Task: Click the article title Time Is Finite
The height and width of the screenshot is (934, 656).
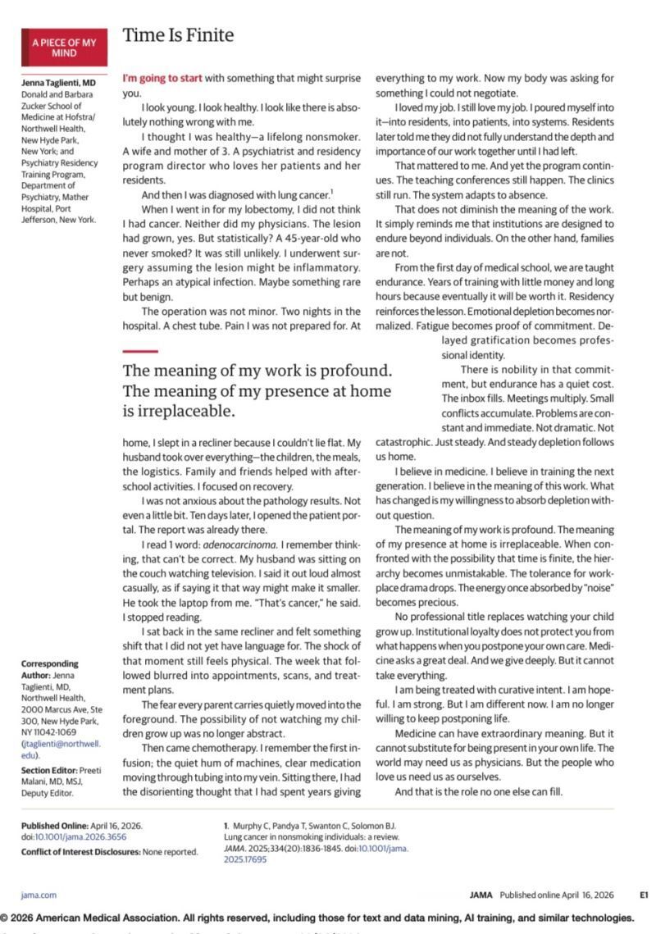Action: (178, 35)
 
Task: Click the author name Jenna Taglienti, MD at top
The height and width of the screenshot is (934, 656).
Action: (58, 84)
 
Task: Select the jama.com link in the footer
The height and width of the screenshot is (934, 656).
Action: (39, 895)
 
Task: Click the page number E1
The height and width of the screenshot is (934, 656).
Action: (644, 895)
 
